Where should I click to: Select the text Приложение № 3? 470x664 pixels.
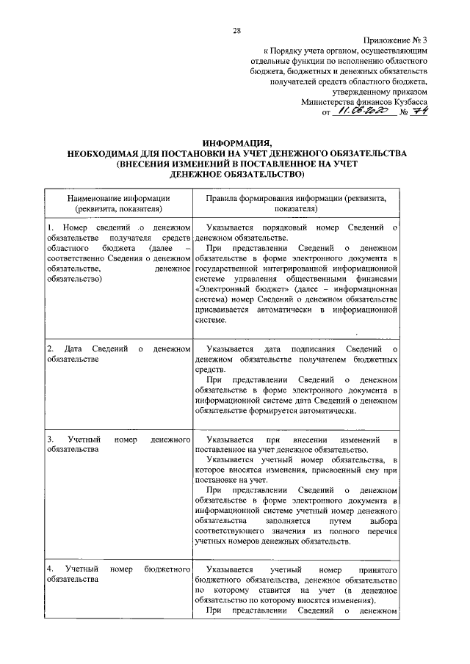(394, 41)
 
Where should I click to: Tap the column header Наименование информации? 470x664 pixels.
(119, 198)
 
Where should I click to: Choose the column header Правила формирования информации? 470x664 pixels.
(295, 198)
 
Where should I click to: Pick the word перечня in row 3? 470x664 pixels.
(381, 530)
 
